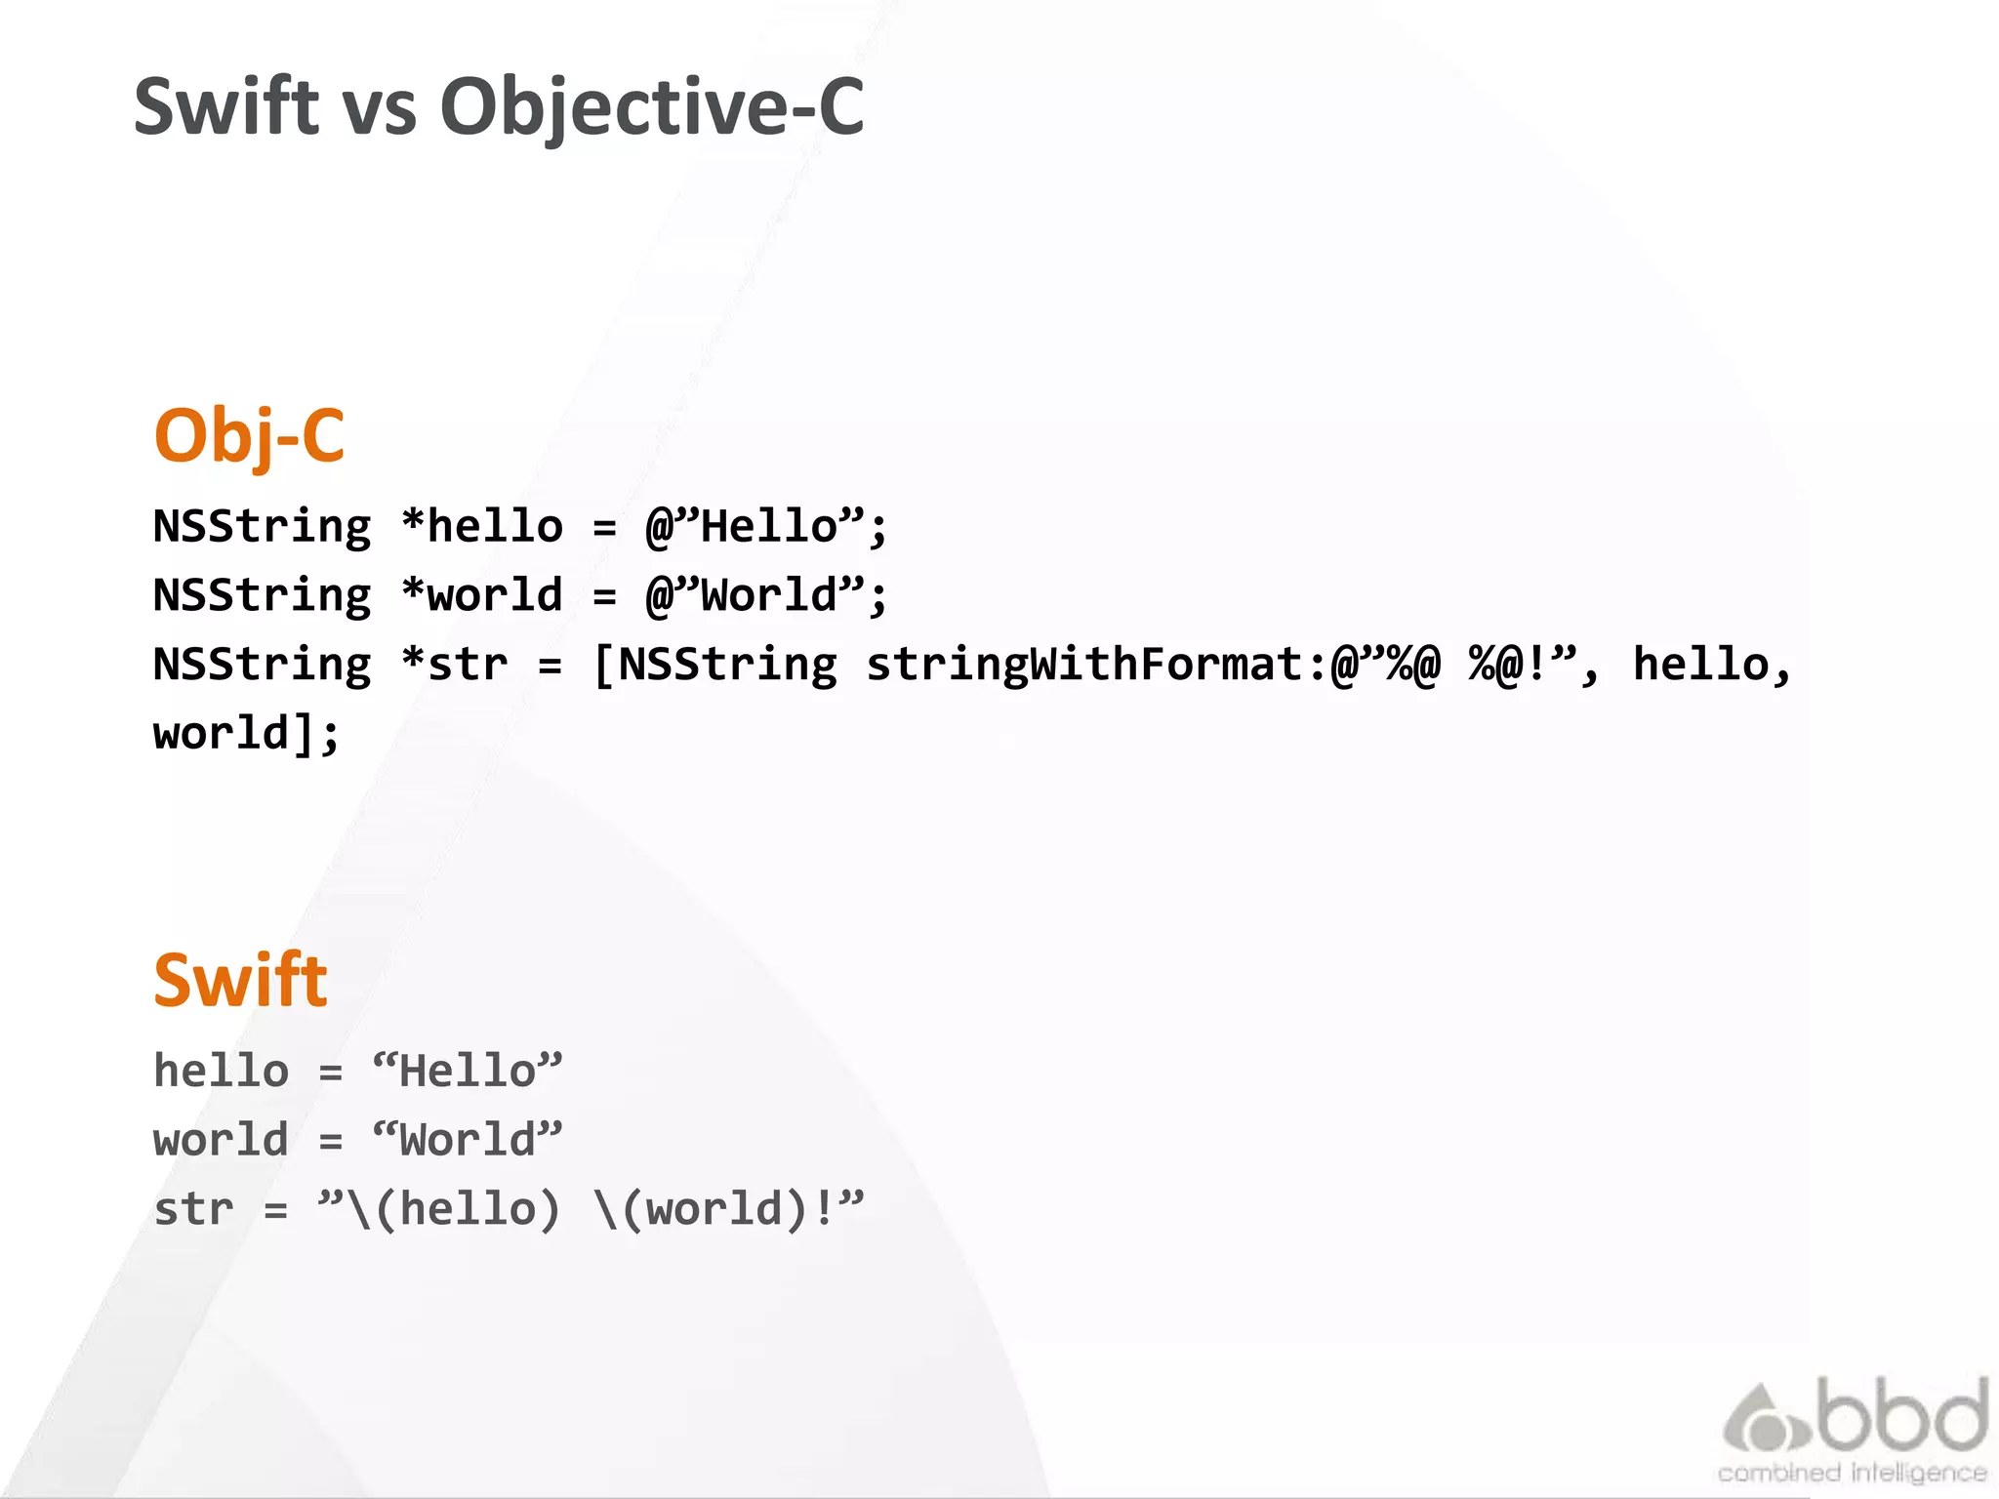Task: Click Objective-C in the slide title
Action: pos(651,107)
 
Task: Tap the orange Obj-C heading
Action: pos(249,436)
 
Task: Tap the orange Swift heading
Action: pos(240,980)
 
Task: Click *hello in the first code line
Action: pos(482,527)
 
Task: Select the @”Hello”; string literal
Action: pos(766,527)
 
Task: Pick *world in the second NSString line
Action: pos(482,595)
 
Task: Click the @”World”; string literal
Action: pos(766,595)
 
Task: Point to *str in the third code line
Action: pos(455,665)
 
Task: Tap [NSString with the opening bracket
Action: pos(714,665)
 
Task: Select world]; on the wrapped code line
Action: pos(246,733)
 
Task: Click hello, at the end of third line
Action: pos(1712,665)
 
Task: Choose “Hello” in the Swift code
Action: pos(468,1072)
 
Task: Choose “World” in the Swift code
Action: pos(468,1140)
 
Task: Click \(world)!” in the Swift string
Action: pos(728,1209)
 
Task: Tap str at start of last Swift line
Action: pos(193,1209)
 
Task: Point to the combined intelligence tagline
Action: pos(1852,1473)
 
